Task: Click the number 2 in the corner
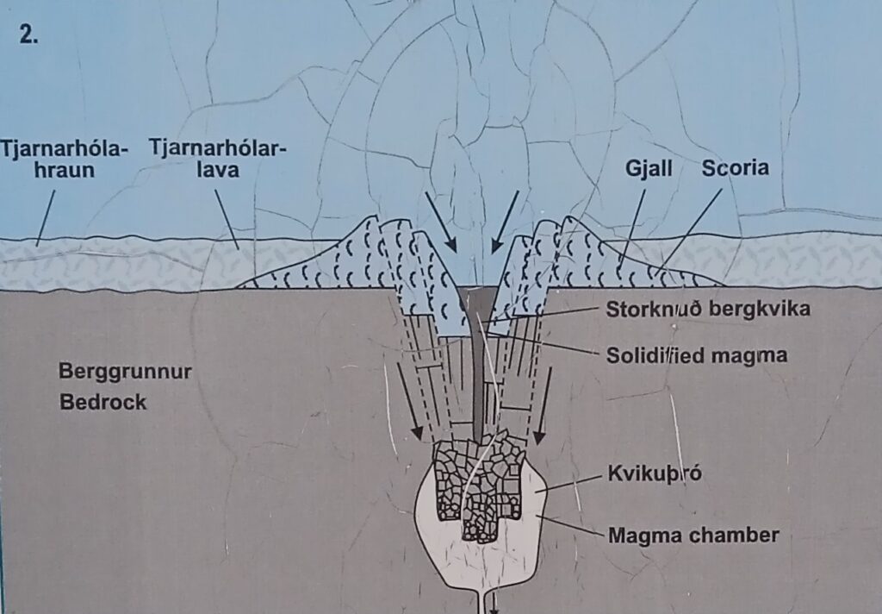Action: click(x=28, y=34)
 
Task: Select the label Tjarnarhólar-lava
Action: click(x=218, y=160)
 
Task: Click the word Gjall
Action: click(x=649, y=168)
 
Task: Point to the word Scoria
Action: click(x=736, y=168)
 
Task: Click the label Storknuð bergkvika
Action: click(x=708, y=309)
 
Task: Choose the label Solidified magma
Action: click(x=696, y=355)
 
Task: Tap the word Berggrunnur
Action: click(x=125, y=373)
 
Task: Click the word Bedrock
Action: click(x=103, y=402)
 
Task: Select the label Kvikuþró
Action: click(x=655, y=473)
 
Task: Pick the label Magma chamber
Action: click(x=693, y=535)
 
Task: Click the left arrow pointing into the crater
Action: click(x=441, y=222)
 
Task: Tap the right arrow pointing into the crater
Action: click(x=505, y=222)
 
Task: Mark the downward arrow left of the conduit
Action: click(x=409, y=402)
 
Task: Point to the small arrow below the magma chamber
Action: click(x=494, y=604)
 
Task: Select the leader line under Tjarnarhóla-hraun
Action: click(x=46, y=218)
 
